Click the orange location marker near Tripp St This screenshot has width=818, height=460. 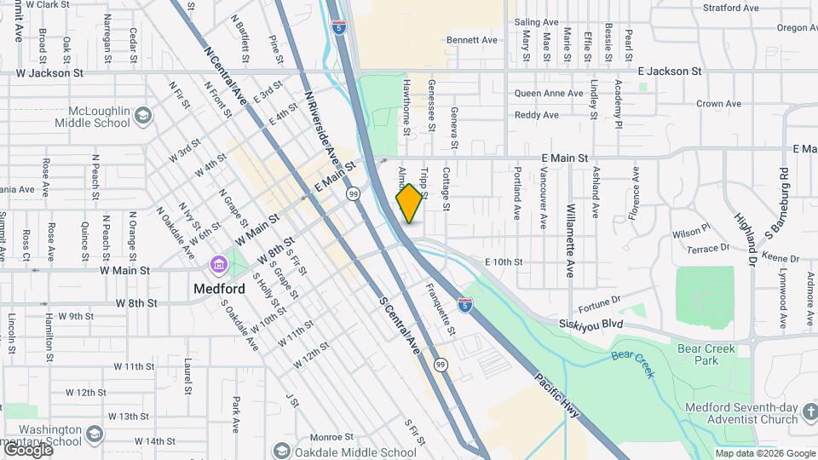(410, 203)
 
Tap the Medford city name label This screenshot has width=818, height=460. (219, 288)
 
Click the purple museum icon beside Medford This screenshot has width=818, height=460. (220, 264)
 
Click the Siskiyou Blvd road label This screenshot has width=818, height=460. (592, 324)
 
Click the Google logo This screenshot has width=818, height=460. (28, 450)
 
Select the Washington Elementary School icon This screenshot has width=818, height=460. (94, 435)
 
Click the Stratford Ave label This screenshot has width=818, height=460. (730, 9)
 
